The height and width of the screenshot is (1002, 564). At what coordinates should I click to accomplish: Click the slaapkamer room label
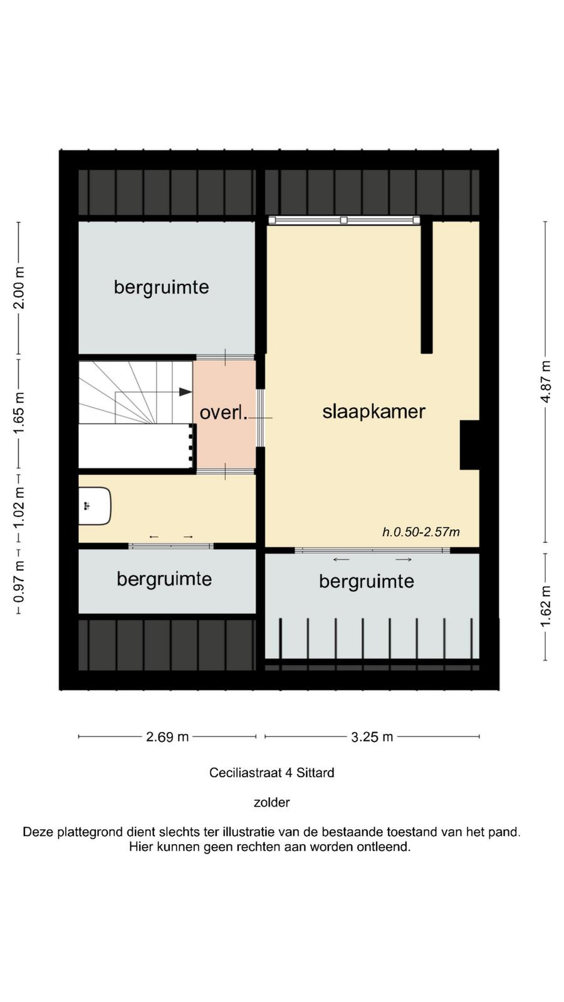(x=373, y=412)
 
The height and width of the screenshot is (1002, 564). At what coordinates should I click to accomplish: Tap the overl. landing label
(x=223, y=413)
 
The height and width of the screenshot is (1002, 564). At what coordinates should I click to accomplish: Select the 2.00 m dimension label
(x=19, y=287)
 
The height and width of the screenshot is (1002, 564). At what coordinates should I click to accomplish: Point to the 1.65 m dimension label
(x=19, y=412)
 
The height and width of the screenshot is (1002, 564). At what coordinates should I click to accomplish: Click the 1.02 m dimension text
(x=19, y=507)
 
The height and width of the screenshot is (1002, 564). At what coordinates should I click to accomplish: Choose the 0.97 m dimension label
(x=19, y=582)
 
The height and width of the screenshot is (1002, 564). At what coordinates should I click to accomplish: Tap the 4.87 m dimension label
(x=546, y=381)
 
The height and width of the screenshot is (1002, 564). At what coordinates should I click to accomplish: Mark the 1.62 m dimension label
(x=546, y=606)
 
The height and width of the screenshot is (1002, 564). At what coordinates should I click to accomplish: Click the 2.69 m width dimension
(x=167, y=736)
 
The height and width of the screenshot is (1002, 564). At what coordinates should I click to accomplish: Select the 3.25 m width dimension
(x=372, y=736)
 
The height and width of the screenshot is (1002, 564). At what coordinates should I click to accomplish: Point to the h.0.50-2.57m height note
(x=421, y=532)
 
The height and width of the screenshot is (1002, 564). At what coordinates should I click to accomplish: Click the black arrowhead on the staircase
(x=185, y=392)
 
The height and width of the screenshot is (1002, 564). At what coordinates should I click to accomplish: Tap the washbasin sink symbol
(x=95, y=506)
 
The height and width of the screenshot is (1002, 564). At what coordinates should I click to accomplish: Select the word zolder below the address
(x=272, y=802)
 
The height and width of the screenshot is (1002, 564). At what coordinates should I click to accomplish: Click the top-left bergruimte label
(x=162, y=287)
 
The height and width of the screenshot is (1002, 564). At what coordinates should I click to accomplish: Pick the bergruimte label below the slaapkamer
(x=367, y=582)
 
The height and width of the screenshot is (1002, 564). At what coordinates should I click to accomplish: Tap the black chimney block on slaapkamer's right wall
(x=469, y=445)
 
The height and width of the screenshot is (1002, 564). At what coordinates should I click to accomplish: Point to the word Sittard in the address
(x=315, y=773)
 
